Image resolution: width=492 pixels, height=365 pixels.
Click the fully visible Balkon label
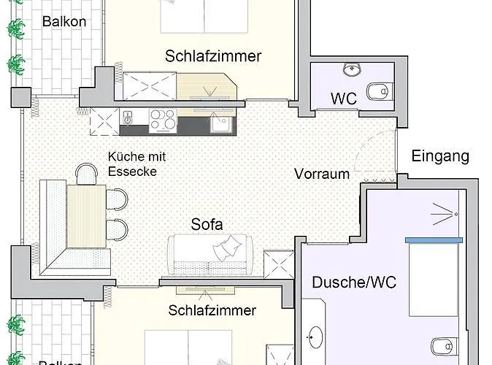[64, 22]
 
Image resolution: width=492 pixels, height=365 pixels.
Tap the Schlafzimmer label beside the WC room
[213, 56]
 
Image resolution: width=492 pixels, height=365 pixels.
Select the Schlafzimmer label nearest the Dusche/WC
[212, 310]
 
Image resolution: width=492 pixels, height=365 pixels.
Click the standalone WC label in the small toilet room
[344, 99]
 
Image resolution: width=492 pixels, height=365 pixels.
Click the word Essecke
[132, 172]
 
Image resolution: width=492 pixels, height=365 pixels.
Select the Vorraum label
[322, 174]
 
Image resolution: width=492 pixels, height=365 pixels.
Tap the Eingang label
[440, 156]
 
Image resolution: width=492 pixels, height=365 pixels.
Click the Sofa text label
[207, 224]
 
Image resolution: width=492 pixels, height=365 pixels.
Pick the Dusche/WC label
[354, 283]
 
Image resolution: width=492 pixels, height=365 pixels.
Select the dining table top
[86, 216]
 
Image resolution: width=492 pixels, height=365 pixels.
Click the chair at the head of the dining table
[86, 173]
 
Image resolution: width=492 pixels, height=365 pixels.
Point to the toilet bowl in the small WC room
[380, 92]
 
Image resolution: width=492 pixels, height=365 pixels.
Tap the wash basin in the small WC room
[353, 69]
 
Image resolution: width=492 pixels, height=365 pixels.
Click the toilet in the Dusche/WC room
[445, 347]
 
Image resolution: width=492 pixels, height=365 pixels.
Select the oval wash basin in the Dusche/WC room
[315, 337]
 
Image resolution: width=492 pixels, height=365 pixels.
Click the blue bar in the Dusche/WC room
[434, 240]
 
